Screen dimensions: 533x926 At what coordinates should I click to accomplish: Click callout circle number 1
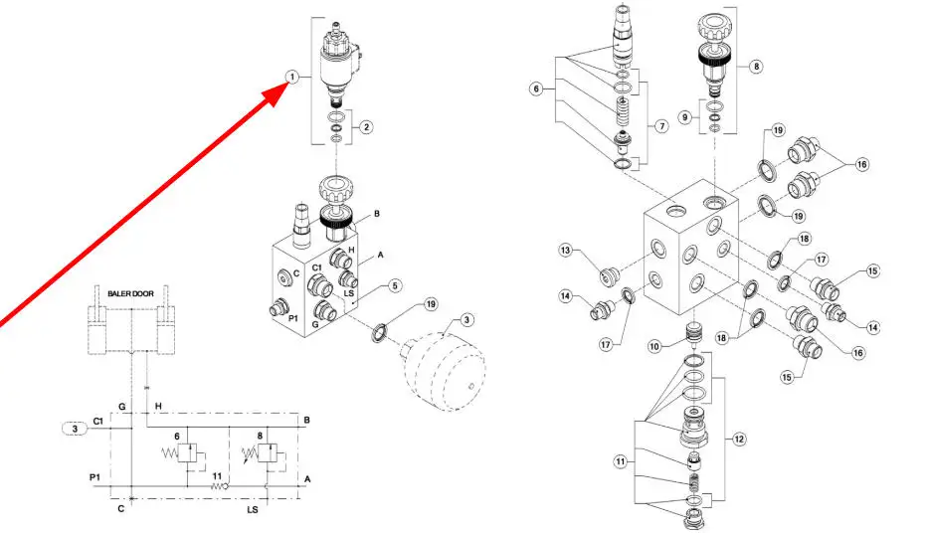click(291, 77)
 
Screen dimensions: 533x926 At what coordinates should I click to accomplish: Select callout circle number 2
click(367, 126)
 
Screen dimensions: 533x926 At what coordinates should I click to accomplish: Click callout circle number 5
click(395, 286)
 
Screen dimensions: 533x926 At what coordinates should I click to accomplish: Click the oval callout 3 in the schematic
click(76, 429)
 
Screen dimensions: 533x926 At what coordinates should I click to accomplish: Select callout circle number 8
click(758, 67)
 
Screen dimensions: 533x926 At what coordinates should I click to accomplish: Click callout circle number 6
click(537, 89)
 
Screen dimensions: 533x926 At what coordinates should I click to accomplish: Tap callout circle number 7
click(659, 126)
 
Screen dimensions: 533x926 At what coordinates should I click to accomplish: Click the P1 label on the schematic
click(94, 477)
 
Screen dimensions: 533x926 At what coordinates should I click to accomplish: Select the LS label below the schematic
click(253, 509)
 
